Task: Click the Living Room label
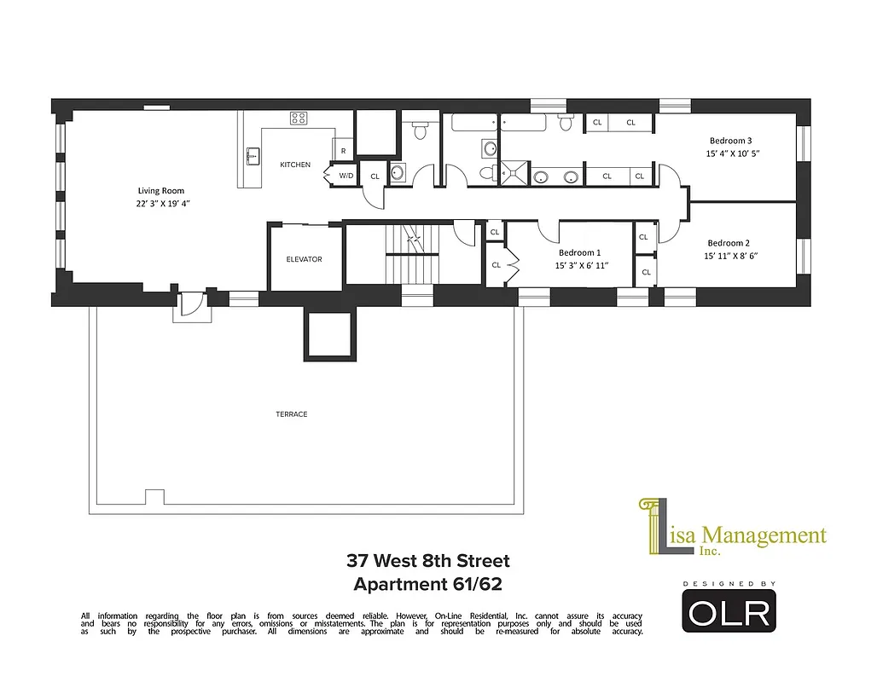(x=161, y=191)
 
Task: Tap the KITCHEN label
(x=295, y=165)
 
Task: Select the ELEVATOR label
(x=304, y=259)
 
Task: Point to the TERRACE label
(x=291, y=414)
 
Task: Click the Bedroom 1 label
(x=579, y=253)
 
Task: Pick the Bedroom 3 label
(x=731, y=141)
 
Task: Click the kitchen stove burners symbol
(x=299, y=118)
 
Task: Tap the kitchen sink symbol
(x=252, y=156)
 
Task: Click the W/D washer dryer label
(x=346, y=176)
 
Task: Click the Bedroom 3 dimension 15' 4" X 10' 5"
(x=731, y=154)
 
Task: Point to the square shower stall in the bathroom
(x=514, y=171)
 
